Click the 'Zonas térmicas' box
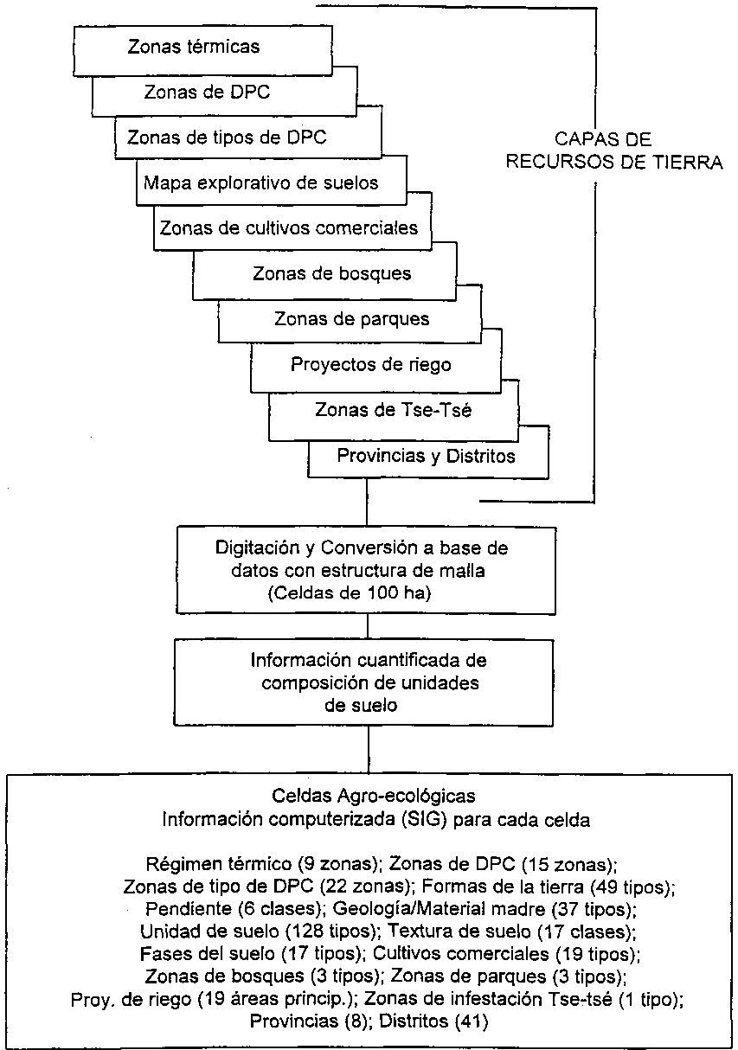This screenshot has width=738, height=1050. [193, 48]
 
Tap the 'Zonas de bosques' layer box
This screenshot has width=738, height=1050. [331, 274]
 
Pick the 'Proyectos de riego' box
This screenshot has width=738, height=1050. [370, 364]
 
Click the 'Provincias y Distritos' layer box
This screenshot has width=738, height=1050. [426, 456]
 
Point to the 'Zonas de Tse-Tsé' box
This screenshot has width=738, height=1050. [394, 410]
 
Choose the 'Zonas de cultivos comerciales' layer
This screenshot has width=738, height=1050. [289, 228]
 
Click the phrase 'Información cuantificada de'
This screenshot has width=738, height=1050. [369, 661]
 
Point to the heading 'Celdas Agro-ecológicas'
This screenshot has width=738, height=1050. [373, 794]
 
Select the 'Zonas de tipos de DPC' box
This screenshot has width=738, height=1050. [227, 138]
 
